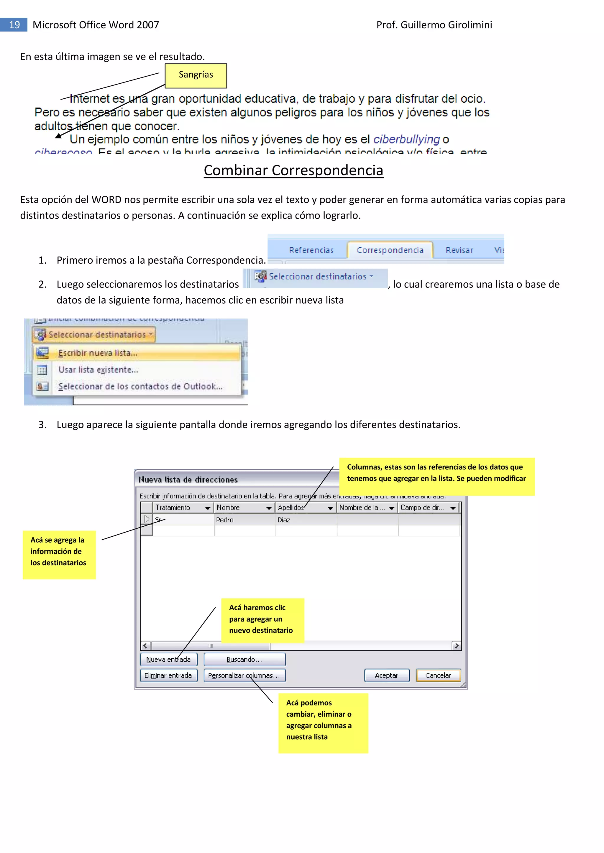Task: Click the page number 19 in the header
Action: (14, 25)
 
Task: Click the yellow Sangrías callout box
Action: (196, 75)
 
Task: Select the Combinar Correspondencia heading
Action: (293, 171)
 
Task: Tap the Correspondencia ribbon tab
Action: (390, 250)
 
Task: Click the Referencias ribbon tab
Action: (311, 250)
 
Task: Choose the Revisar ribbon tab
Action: (459, 250)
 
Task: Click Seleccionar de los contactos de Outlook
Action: (140, 386)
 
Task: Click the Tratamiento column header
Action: (173, 507)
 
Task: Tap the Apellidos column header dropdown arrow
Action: (330, 508)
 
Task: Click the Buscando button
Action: (244, 659)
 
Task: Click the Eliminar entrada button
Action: (168, 675)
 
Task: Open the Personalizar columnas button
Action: (244, 675)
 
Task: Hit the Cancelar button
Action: (438, 675)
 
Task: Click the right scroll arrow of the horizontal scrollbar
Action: (456, 646)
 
